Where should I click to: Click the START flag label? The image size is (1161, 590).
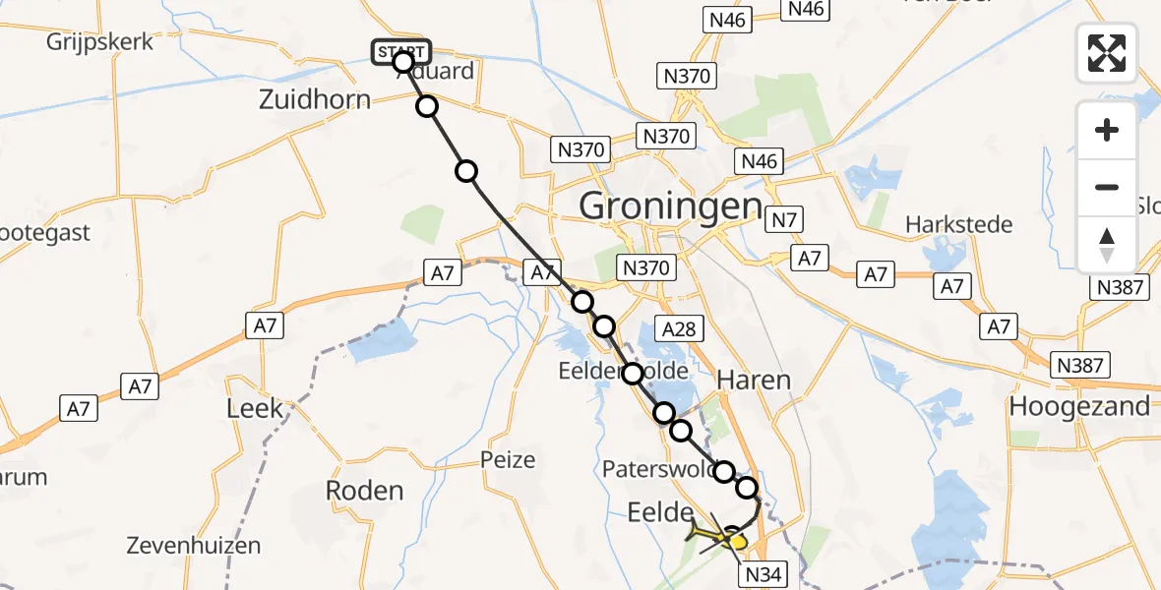[400, 51]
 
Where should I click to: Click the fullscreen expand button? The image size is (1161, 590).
[1107, 52]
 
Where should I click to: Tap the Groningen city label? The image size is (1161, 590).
[671, 206]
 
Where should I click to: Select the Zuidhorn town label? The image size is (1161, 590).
[315, 99]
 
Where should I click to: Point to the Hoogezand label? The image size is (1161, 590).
[1079, 406]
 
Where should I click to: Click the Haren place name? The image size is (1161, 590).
[754, 380]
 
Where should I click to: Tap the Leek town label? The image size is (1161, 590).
[255, 408]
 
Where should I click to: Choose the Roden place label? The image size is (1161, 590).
[364, 491]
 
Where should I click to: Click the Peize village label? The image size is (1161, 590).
[508, 459]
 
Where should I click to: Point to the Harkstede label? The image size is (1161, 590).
[960, 224]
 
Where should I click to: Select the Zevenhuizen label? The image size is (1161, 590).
[194, 545]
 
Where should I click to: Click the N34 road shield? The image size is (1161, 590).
[764, 574]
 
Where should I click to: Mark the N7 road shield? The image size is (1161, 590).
[784, 220]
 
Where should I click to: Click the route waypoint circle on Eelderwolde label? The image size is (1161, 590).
[632, 374]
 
